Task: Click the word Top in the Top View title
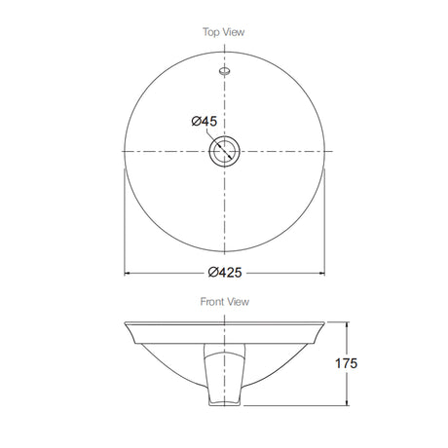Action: (x=210, y=32)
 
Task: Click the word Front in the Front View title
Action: (x=212, y=302)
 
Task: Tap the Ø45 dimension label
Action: (x=205, y=122)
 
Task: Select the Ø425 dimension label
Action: (x=225, y=272)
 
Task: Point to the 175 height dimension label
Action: (x=346, y=363)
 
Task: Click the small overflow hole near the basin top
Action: (x=225, y=71)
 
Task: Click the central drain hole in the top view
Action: (x=225, y=151)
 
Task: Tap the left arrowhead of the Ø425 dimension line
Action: (x=128, y=274)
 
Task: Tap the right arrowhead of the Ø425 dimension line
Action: (x=322, y=274)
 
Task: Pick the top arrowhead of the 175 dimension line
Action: (x=347, y=324)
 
